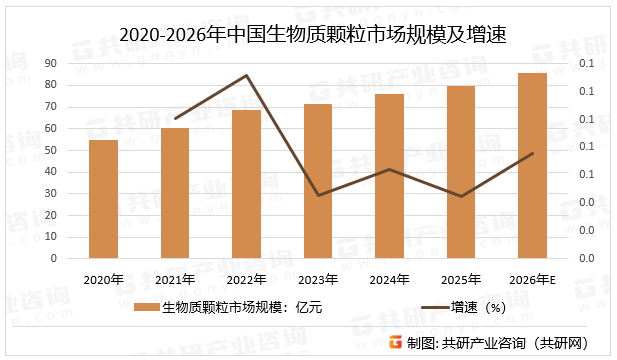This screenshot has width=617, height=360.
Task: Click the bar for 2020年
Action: coord(104,199)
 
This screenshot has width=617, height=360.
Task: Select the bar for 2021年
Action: coord(175,193)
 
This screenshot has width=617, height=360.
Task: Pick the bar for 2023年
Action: coord(318,181)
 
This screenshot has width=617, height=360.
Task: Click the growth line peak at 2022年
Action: coord(246,75)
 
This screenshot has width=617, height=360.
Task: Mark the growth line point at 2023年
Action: coord(318,195)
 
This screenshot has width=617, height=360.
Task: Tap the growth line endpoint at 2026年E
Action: coord(532,153)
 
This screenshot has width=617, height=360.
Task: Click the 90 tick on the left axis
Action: coord(51,63)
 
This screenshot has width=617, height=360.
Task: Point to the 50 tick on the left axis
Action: coord(51,150)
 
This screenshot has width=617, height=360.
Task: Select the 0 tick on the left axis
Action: coord(54,258)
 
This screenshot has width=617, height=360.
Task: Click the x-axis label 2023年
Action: coord(318,279)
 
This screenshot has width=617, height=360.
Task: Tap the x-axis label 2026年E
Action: coord(532,279)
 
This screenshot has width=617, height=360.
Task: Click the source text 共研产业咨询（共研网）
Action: coord(514,343)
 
